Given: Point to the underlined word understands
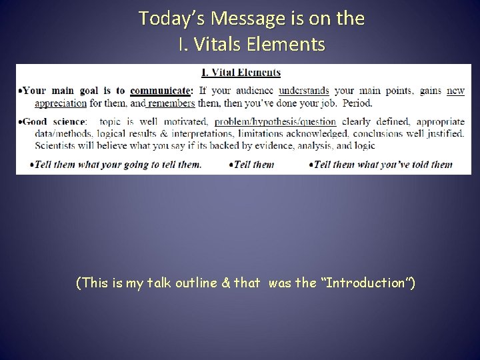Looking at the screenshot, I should (x=304, y=91).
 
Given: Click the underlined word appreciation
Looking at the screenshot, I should (x=61, y=103).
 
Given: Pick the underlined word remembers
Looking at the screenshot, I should (x=171, y=103).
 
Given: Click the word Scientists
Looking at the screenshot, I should (x=56, y=145).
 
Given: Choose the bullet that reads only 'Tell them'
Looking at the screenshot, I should (x=251, y=165).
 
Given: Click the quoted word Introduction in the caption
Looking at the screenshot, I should (x=374, y=283).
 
